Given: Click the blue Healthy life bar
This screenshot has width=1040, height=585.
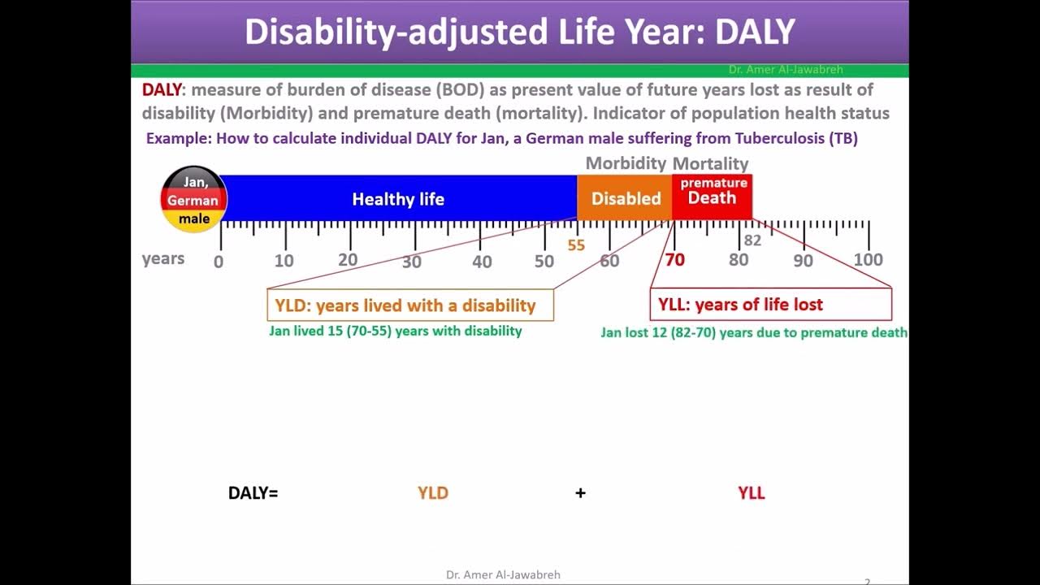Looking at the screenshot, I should [x=398, y=198].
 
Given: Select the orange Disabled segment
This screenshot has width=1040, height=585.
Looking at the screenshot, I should [x=625, y=198].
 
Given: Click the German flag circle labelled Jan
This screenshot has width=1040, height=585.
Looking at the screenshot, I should [x=193, y=200].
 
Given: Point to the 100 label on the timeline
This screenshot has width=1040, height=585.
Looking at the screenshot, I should [x=868, y=260].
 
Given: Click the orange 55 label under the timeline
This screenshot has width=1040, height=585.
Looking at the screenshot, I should [x=576, y=245].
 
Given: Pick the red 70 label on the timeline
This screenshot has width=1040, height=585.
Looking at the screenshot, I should [x=674, y=260].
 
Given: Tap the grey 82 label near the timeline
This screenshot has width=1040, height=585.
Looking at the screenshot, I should [x=752, y=240].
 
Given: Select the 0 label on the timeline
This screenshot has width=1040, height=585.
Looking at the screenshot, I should [x=218, y=262].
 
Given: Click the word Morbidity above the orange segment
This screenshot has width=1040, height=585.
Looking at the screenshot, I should [x=626, y=163].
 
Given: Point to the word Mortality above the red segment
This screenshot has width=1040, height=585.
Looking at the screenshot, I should [x=710, y=164].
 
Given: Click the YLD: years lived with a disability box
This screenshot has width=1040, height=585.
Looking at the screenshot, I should [x=409, y=305].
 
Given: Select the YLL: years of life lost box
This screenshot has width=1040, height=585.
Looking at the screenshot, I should [x=770, y=305].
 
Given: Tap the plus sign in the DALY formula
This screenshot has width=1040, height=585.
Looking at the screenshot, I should [x=580, y=492].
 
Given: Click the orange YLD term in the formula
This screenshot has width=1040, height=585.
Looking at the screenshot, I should [x=432, y=492].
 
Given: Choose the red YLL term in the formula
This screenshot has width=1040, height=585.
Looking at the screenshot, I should [x=751, y=492].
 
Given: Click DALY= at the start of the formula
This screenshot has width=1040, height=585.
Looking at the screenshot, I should [x=253, y=492].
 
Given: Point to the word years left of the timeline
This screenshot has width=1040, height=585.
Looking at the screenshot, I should [x=163, y=259].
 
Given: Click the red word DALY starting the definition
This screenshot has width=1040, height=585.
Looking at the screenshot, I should [x=162, y=90].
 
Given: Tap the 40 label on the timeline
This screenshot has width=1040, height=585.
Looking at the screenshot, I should [x=482, y=262].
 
